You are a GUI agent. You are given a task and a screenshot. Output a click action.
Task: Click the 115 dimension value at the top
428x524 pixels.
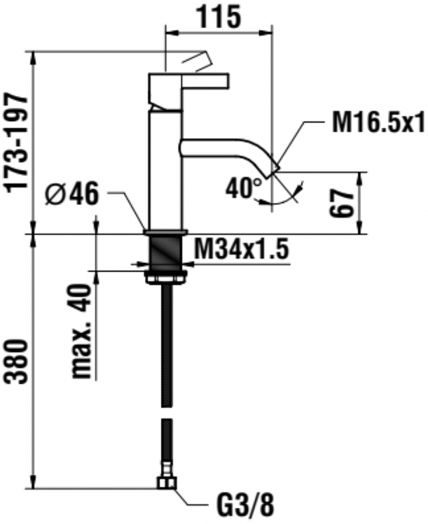(220, 17)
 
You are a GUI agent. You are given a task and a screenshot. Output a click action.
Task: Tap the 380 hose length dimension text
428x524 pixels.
(17, 362)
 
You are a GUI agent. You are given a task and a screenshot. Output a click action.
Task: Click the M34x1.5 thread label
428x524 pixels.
(241, 248)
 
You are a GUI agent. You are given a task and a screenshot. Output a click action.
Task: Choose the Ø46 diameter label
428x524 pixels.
(72, 193)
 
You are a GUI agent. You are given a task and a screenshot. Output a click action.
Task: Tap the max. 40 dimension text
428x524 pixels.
(82, 331)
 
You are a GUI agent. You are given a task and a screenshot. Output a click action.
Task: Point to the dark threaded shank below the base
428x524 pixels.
(166, 253)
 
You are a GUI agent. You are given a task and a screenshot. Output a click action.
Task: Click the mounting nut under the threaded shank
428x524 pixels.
(166, 277)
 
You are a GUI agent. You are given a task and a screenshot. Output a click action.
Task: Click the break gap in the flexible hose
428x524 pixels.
(167, 412)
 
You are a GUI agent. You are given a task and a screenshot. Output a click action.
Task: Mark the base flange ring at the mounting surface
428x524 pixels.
(166, 232)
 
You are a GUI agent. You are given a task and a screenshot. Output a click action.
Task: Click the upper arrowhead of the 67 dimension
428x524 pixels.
(361, 179)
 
